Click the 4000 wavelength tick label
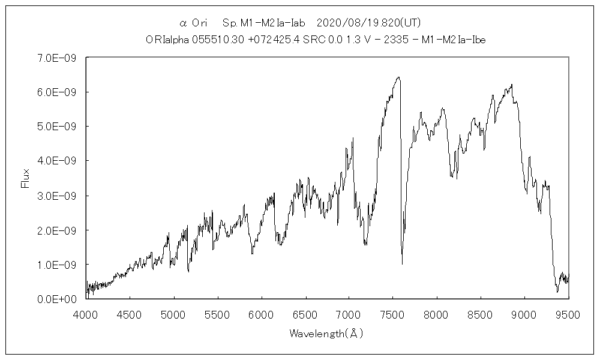[x=86, y=314]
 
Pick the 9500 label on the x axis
[x=568, y=314]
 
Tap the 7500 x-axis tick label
[x=393, y=314]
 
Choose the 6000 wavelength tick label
[x=262, y=314]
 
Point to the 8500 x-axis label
[x=481, y=314]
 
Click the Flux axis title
[x=25, y=178]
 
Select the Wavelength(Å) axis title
[x=326, y=333]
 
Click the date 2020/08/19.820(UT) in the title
[x=368, y=23]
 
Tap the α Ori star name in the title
[x=193, y=23]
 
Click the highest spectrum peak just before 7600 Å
[x=398, y=77]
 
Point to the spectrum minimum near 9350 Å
[x=557, y=292]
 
